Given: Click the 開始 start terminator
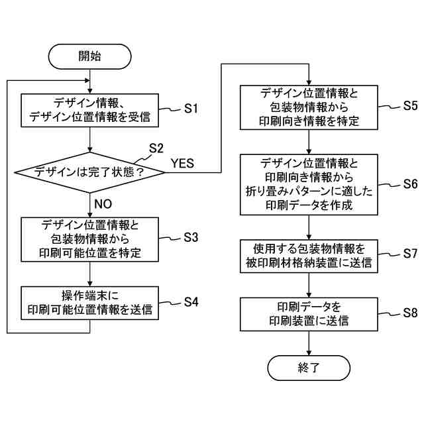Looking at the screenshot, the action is pyautogui.click(x=89, y=56).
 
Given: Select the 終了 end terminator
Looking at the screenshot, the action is pyautogui.click(x=309, y=368).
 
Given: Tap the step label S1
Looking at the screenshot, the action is pyautogui.click(x=191, y=109).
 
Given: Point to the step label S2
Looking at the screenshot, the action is pyautogui.click(x=156, y=148).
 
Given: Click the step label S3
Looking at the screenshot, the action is pyautogui.click(x=191, y=237).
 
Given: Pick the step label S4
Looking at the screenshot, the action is pyautogui.click(x=191, y=302).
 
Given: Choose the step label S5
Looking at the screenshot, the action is pyautogui.click(x=411, y=106).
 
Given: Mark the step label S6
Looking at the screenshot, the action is pyautogui.click(x=411, y=184).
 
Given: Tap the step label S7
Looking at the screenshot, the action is pyautogui.click(x=411, y=253).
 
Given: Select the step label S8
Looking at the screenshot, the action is pyautogui.click(x=411, y=313).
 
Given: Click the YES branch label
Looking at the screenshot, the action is pyautogui.click(x=183, y=164).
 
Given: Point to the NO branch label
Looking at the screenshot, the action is pyautogui.click(x=103, y=204).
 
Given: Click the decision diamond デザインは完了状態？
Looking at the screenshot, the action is pyautogui.click(x=90, y=172).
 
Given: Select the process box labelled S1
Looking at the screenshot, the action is pyautogui.click(x=90, y=111).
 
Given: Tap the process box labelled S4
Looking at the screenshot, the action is pyautogui.click(x=90, y=303).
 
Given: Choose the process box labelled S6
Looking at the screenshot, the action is pyautogui.click(x=309, y=185).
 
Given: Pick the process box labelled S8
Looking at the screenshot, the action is pyautogui.click(x=309, y=314).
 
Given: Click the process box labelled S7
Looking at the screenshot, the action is pyautogui.click(x=309, y=256).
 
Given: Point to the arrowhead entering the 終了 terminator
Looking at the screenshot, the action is pyautogui.click(x=309, y=352).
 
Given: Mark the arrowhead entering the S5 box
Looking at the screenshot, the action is pyautogui.click(x=309, y=83).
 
